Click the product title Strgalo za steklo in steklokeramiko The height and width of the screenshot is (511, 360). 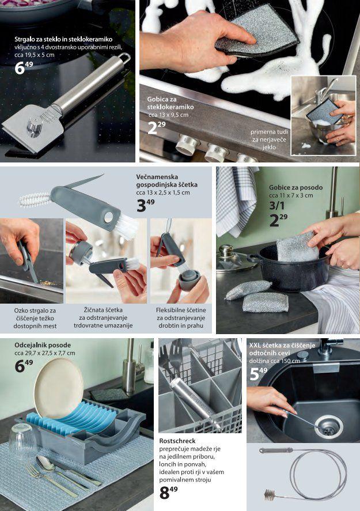click(x=63, y=39)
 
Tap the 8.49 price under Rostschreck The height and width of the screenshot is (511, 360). click(x=168, y=493)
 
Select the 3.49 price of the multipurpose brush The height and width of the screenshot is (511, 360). click(x=145, y=205)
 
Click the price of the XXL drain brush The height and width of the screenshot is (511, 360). click(x=259, y=374)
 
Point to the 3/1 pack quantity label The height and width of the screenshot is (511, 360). click(x=276, y=205)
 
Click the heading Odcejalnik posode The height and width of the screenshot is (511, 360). click(x=43, y=345)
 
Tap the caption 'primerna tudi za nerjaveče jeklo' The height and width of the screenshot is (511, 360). click(x=269, y=139)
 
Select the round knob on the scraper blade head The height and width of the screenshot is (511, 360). click(x=35, y=126)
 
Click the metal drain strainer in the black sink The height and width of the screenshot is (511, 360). click(x=328, y=426)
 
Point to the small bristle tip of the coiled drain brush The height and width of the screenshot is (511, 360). click(x=270, y=494)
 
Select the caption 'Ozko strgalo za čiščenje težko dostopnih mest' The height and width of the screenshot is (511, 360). click(x=35, y=318)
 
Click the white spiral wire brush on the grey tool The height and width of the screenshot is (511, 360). click(x=35, y=199)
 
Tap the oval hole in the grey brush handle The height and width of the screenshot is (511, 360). click(x=108, y=217)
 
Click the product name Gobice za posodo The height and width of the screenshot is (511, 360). click(x=296, y=187)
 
